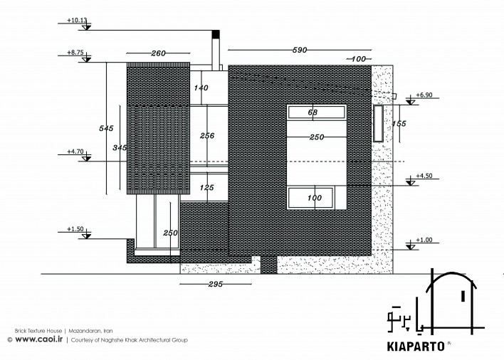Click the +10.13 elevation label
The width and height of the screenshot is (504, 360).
(77, 20)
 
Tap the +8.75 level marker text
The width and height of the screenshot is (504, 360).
(75, 53)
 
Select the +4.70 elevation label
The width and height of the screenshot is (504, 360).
(75, 152)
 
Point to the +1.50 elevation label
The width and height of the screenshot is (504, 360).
(75, 229)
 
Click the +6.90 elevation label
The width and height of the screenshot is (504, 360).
(424, 95)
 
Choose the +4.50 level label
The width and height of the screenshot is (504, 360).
(424, 176)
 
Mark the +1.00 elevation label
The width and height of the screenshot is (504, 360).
(424, 240)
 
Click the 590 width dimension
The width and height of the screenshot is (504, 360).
(300, 50)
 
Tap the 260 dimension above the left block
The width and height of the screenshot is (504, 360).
(158, 53)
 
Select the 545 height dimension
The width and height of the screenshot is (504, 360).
(106, 129)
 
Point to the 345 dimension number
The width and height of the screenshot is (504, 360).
(120, 148)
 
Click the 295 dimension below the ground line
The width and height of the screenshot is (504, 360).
(216, 284)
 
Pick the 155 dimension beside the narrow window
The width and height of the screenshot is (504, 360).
(399, 124)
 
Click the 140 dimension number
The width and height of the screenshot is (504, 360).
(201, 88)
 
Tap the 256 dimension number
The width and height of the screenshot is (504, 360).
(207, 136)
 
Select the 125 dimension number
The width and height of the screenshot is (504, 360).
(206, 188)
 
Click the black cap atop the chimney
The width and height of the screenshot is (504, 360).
(216, 34)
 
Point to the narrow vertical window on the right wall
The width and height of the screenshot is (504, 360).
(378, 123)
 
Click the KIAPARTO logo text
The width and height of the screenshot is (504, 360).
(416, 346)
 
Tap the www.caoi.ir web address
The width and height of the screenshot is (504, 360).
(39, 339)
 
